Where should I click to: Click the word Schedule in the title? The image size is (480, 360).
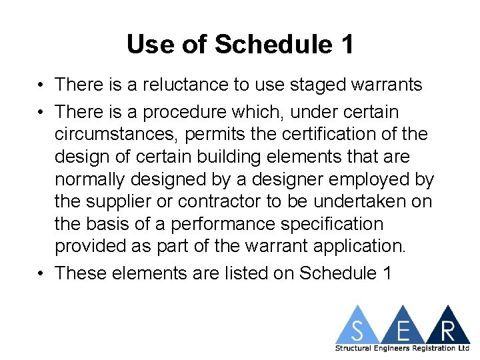(273, 45)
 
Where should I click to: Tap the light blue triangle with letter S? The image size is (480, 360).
(359, 327)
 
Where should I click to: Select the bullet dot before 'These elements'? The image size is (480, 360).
(42, 273)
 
